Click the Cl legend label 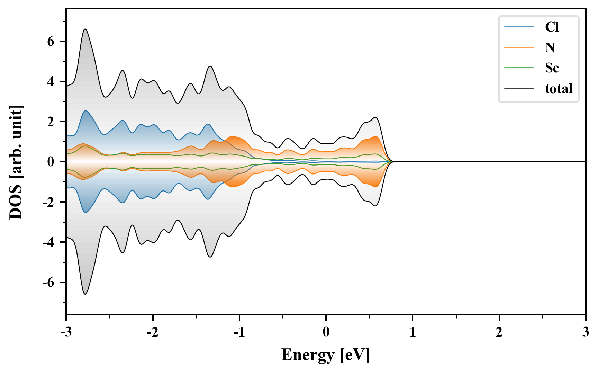(x=552, y=27)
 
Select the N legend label (x=550, y=47)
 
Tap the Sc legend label (x=552, y=68)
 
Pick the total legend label (x=559, y=89)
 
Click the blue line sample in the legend (x=519, y=27)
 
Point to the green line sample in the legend (x=519, y=68)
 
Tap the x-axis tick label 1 (x=413, y=332)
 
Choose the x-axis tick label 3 (x=586, y=332)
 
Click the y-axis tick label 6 (x=51, y=42)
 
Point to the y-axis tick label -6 (x=48, y=283)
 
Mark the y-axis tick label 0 (x=51, y=162)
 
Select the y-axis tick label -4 (x=48, y=242)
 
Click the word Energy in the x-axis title (x=308, y=355)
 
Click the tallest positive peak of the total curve (x=85, y=29)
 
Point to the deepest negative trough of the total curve (x=85, y=294)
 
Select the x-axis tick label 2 (x=499, y=332)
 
